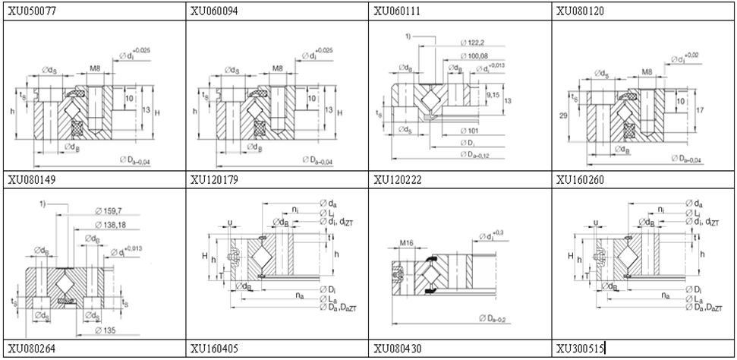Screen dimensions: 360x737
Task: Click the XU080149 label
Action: [31, 180]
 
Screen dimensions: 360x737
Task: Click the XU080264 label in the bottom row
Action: [31, 349]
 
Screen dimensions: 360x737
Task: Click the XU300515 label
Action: [580, 349]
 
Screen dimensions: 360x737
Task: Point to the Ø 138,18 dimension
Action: [111, 224]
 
